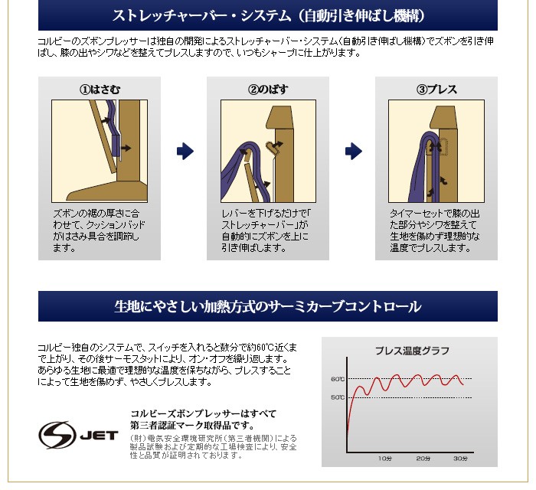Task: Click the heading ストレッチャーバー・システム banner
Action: click(x=267, y=15)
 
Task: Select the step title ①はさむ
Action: click(x=100, y=90)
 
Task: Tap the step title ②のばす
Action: click(x=267, y=90)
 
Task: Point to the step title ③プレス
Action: click(x=436, y=90)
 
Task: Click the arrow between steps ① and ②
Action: click(x=185, y=152)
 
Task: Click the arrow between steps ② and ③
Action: click(x=352, y=152)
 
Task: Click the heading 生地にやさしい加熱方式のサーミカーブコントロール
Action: click(x=267, y=307)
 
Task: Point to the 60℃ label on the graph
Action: click(x=338, y=379)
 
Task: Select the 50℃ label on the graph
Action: click(x=338, y=397)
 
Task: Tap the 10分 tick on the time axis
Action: click(x=384, y=458)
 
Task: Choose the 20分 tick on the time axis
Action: click(x=422, y=458)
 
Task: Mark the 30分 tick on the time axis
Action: click(x=459, y=458)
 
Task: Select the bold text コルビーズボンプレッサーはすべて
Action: click(x=203, y=413)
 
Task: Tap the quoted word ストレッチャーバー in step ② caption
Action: click(x=253, y=226)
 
